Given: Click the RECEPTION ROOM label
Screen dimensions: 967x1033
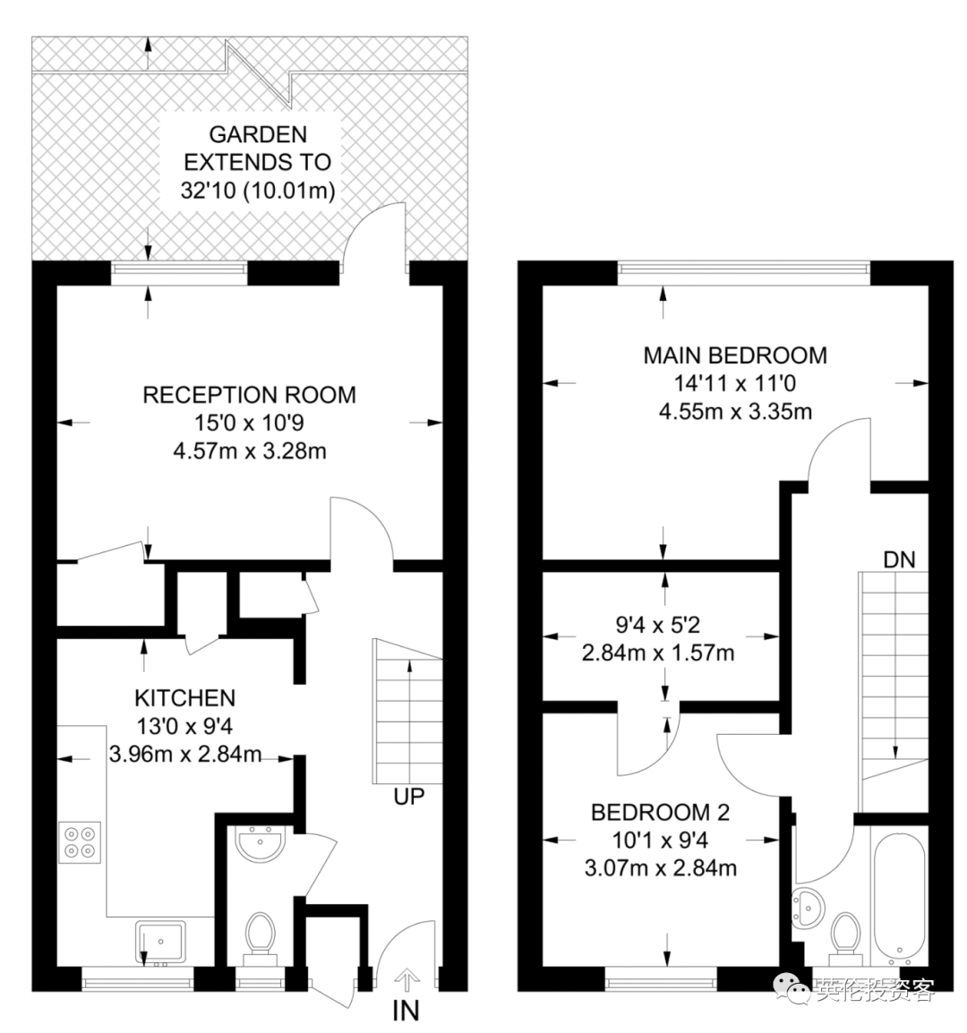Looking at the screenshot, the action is tap(249, 395).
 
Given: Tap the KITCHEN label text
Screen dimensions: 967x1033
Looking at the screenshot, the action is tap(184, 697).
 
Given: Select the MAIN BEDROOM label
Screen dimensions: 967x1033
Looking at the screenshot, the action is tap(735, 355).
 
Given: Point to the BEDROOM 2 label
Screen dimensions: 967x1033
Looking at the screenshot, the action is tap(660, 812).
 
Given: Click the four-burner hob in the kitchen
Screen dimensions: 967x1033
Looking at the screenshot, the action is tap(80, 842).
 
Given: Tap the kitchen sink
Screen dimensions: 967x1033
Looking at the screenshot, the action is tap(160, 943).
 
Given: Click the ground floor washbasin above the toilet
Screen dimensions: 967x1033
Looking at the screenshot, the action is tap(261, 845).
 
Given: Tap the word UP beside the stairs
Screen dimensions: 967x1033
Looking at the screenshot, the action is tap(408, 797).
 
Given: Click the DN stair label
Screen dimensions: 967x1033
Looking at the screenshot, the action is tap(899, 560).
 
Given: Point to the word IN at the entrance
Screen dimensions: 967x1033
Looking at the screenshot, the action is tap(406, 1011).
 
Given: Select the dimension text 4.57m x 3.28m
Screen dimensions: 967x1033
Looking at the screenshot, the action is tap(249, 451).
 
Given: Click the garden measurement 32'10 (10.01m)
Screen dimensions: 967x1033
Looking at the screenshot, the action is tap(258, 191).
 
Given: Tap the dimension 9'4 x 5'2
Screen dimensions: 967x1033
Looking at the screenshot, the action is tap(657, 625).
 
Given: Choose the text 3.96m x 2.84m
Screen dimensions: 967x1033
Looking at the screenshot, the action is tap(185, 754).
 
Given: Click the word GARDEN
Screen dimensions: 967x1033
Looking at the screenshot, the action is tap(258, 134).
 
